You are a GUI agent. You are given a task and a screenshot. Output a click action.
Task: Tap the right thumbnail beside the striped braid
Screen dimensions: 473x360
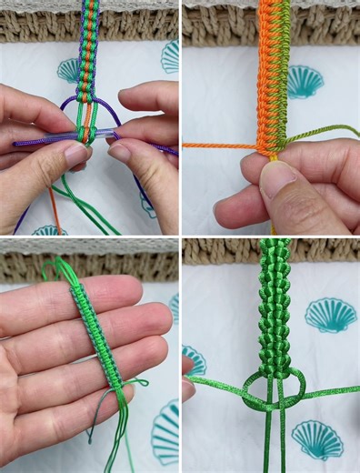[x=120, y=151]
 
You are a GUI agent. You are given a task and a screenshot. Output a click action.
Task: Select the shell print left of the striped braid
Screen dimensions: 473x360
[x=68, y=69]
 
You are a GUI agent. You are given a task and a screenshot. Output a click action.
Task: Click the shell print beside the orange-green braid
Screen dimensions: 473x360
[x=304, y=82]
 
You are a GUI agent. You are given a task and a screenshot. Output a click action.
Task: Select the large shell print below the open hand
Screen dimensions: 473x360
[x=165, y=432]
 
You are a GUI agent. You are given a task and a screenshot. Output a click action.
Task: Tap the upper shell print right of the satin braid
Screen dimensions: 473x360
[x=329, y=315]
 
